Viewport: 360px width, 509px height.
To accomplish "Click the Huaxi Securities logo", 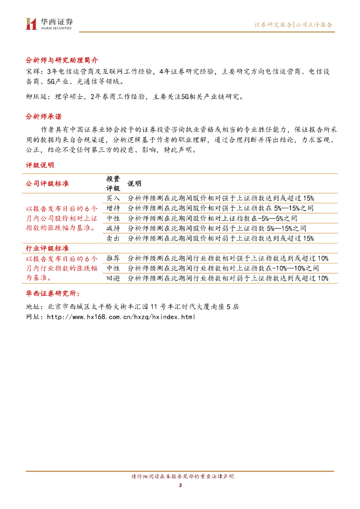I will coord(49,23).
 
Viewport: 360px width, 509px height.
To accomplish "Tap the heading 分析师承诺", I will coord(44,117).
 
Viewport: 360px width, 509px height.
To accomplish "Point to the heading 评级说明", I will coord(40,165).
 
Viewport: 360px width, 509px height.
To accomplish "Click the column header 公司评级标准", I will coord(47,183).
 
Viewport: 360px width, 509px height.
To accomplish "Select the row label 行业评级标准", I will coord(47,248).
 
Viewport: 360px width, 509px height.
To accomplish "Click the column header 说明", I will coord(134,183).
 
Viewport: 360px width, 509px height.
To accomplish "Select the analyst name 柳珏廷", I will coord(35,97).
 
